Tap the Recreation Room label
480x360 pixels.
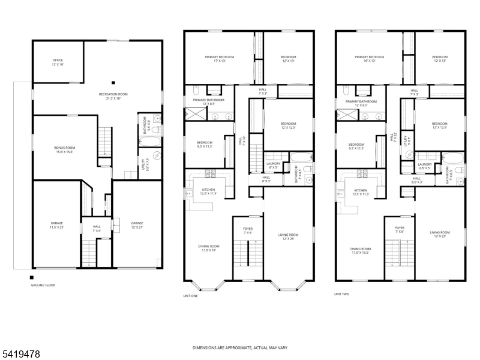coord(113,96)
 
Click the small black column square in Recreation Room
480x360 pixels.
coord(113,83)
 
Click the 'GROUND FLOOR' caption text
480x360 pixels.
coord(43,285)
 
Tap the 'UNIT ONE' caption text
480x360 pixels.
coord(190,295)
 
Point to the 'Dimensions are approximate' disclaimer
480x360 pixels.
coord(239,347)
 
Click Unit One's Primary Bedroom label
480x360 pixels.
coord(219,59)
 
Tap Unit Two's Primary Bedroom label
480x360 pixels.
coord(369,59)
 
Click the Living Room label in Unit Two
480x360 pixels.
coord(440,234)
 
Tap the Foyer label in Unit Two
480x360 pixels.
coord(400,230)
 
